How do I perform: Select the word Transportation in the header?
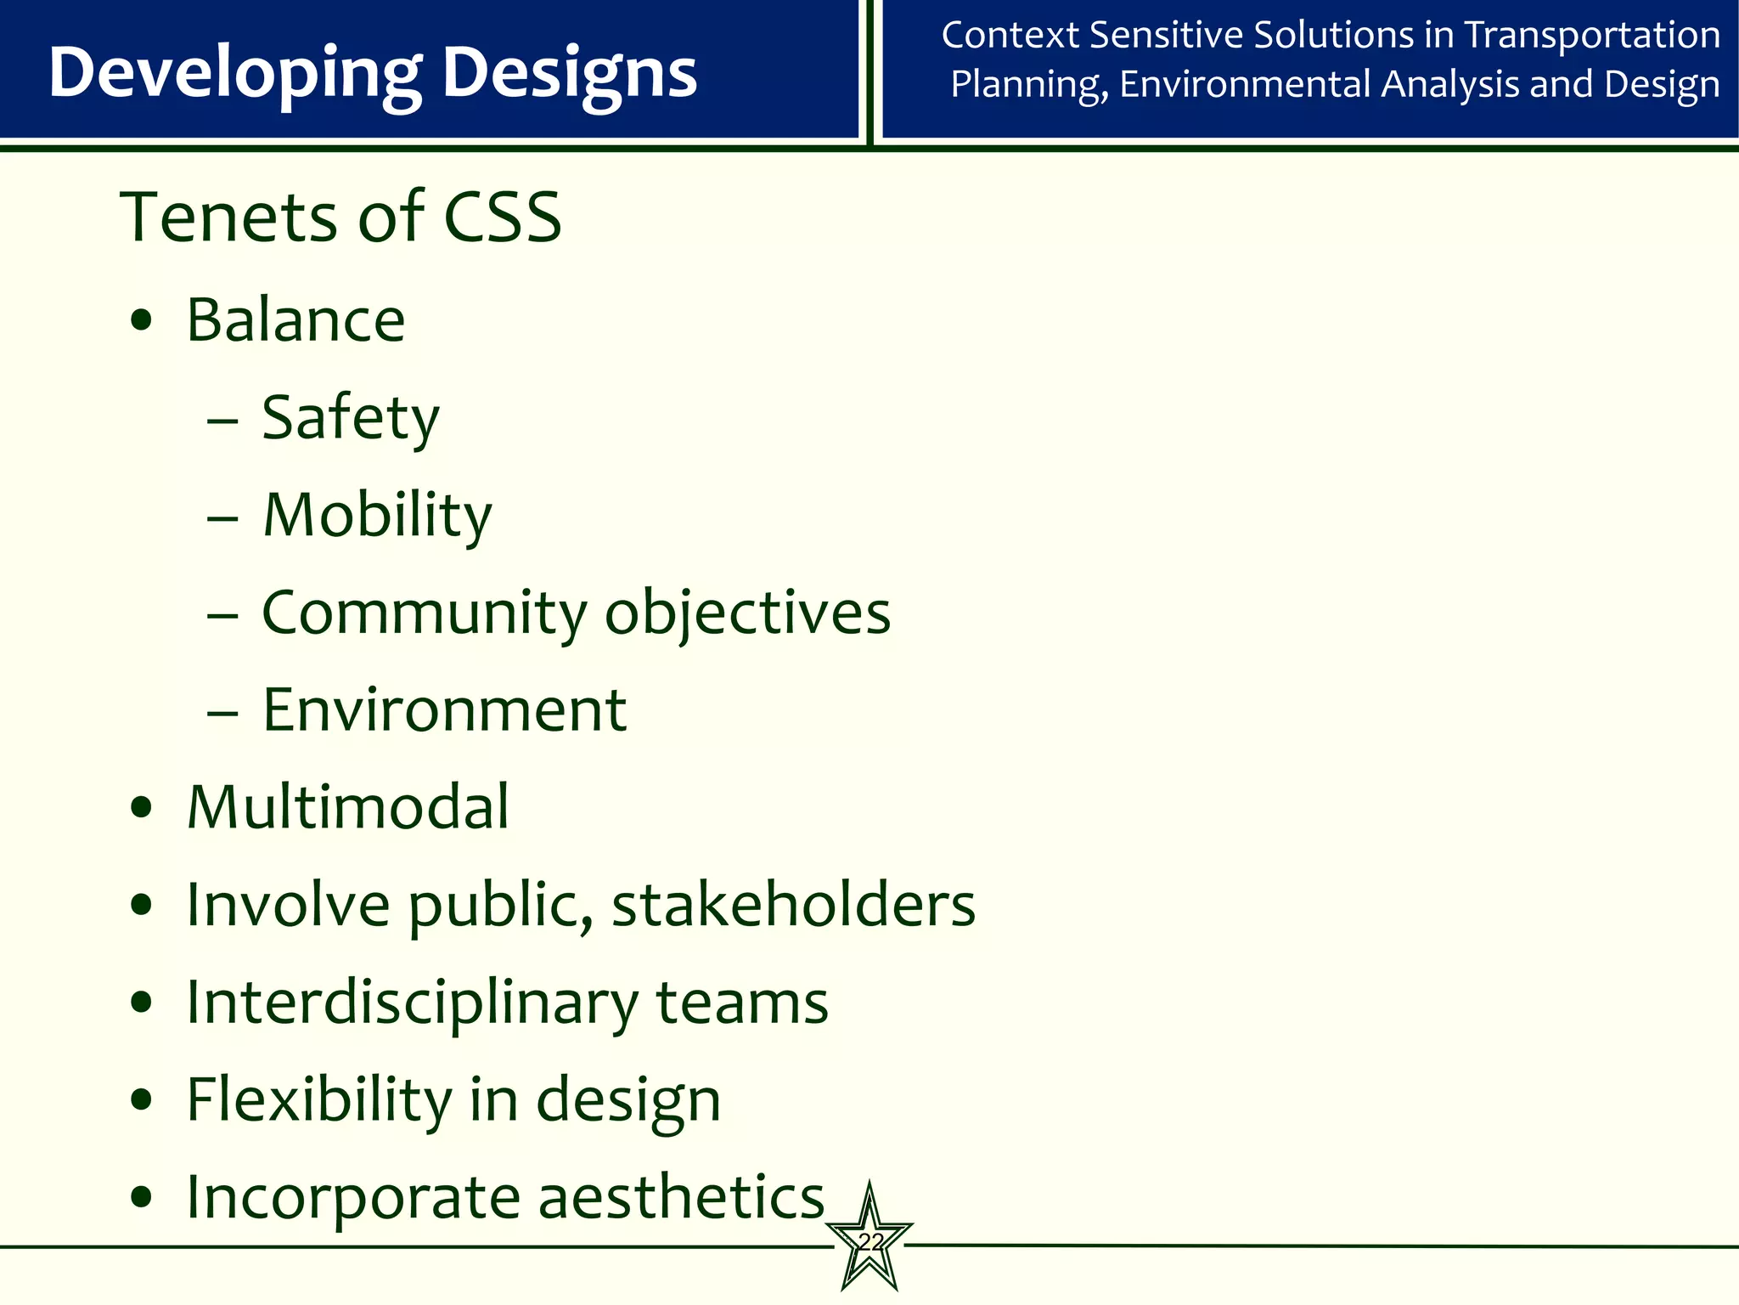pos(1592,36)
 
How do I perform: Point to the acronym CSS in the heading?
pos(503,217)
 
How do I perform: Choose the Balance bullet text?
pos(295,320)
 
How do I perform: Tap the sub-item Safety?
pos(350,418)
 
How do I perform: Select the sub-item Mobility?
pos(377,516)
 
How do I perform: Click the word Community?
pos(425,613)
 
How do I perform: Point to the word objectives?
pos(747,613)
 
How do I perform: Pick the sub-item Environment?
pos(444,710)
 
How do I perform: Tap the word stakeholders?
pos(793,905)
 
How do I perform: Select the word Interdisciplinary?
pos(412,1003)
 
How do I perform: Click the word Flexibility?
pos(319,1099)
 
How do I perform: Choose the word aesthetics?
pos(681,1197)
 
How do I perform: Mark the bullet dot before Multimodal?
pos(142,808)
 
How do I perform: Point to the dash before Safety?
pos(222,420)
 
